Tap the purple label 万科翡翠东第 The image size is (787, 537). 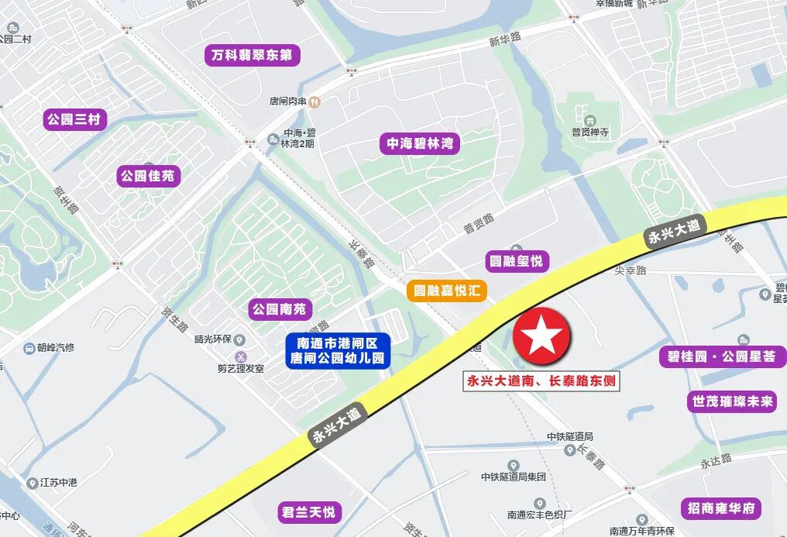pos(253,56)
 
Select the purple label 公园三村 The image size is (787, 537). pos(75,119)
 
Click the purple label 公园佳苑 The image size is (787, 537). pos(149,176)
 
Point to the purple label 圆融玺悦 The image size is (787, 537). pos(517,260)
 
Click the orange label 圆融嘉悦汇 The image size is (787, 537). pos(447,291)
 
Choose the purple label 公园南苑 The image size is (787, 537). pos(279,309)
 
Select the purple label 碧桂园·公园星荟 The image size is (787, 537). pos(721,357)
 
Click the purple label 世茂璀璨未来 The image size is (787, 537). pos(730,401)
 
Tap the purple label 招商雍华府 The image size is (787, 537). pos(720,508)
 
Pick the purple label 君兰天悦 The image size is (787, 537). pos(309,512)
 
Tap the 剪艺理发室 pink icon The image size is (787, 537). pos(240,356)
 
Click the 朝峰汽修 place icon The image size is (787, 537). pos(29,348)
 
